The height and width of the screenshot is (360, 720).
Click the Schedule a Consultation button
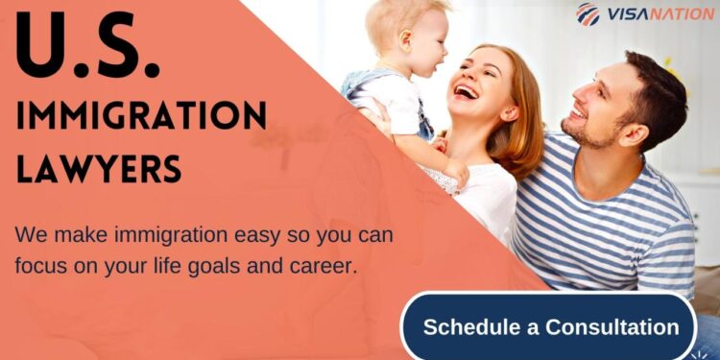550,326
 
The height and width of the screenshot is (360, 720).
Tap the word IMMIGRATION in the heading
141,117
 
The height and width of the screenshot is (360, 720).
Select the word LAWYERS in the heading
99,168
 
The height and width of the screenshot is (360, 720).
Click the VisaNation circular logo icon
588,14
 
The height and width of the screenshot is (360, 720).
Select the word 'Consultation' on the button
612,326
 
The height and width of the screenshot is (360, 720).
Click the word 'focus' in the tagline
40,266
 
